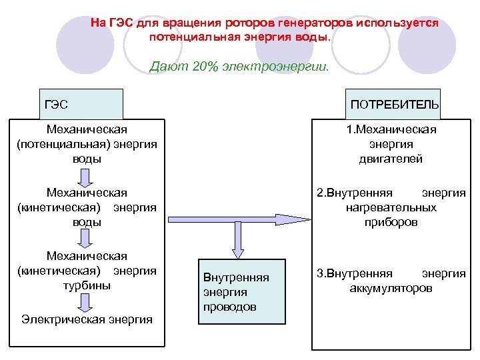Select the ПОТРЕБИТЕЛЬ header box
click(x=393, y=104)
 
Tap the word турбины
click(x=87, y=285)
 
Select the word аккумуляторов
click(x=391, y=289)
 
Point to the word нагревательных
click(x=391, y=207)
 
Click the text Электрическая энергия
click(x=87, y=319)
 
